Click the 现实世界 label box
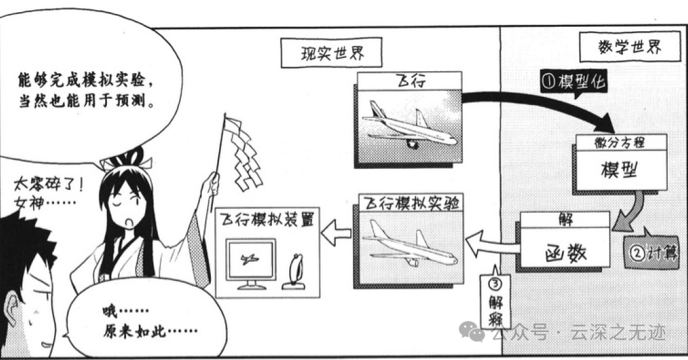[332, 53]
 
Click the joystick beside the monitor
[296, 272]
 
